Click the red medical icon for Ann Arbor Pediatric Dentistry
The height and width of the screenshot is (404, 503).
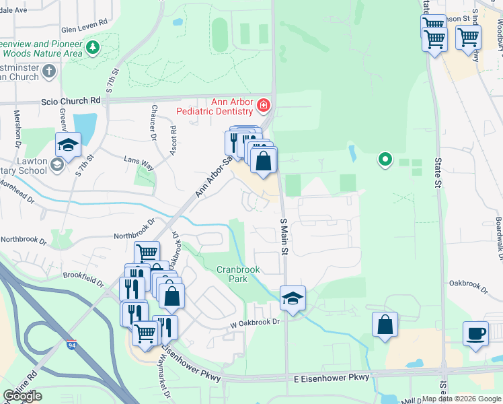[x=264, y=105]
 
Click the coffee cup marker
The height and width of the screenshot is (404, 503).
[x=476, y=333]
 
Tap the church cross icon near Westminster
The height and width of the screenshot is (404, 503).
[x=48, y=71]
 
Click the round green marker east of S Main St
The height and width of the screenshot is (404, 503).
[x=385, y=160]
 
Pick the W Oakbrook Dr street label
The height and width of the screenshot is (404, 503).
[x=254, y=323]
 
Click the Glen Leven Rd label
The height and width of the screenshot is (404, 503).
[x=84, y=29]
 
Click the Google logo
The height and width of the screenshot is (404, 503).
[x=22, y=396]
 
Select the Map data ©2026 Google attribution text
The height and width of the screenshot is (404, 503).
[x=461, y=399]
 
